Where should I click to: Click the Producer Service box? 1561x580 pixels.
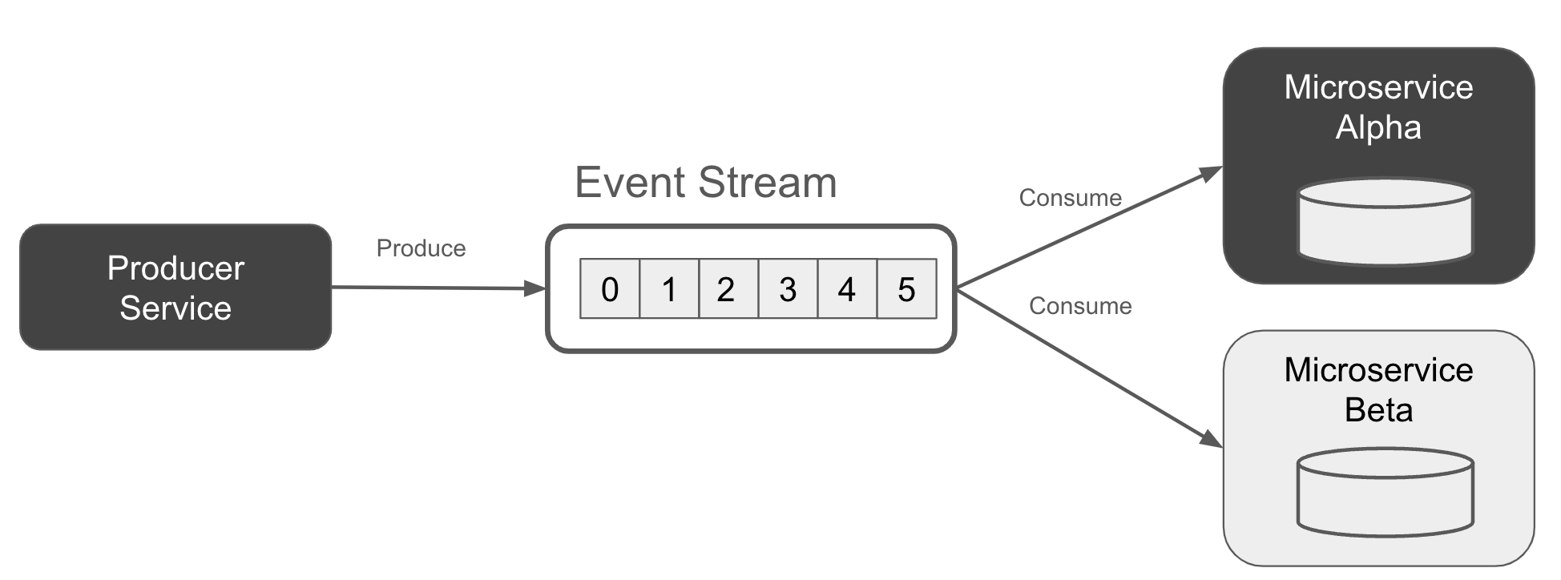click(x=175, y=287)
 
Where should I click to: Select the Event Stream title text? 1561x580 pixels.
click(x=705, y=183)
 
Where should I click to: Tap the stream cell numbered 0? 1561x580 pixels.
click(x=610, y=289)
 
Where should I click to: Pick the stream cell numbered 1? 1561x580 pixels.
click(x=669, y=289)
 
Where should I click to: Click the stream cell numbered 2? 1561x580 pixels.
click(x=728, y=289)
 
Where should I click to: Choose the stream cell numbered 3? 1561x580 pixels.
click(x=788, y=289)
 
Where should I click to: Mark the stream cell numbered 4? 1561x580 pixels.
click(x=847, y=289)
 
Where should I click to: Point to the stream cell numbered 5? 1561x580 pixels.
click(x=906, y=289)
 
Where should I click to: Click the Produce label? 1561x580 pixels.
click(x=421, y=248)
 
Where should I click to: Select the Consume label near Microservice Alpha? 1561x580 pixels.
click(x=1070, y=198)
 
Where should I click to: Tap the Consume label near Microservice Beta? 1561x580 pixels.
click(x=1080, y=306)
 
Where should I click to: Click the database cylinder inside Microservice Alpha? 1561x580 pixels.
click(x=1385, y=222)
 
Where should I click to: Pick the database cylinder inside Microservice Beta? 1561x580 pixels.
click(x=1385, y=492)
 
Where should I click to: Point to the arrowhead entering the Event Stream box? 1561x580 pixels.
click(x=534, y=288)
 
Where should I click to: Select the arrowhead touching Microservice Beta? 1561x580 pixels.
click(x=1211, y=439)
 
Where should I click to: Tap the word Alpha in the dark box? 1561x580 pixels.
click(x=1378, y=127)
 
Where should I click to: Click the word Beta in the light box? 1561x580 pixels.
click(x=1378, y=410)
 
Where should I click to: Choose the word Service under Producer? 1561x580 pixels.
click(x=175, y=308)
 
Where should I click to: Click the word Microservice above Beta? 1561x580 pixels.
click(x=1378, y=370)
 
